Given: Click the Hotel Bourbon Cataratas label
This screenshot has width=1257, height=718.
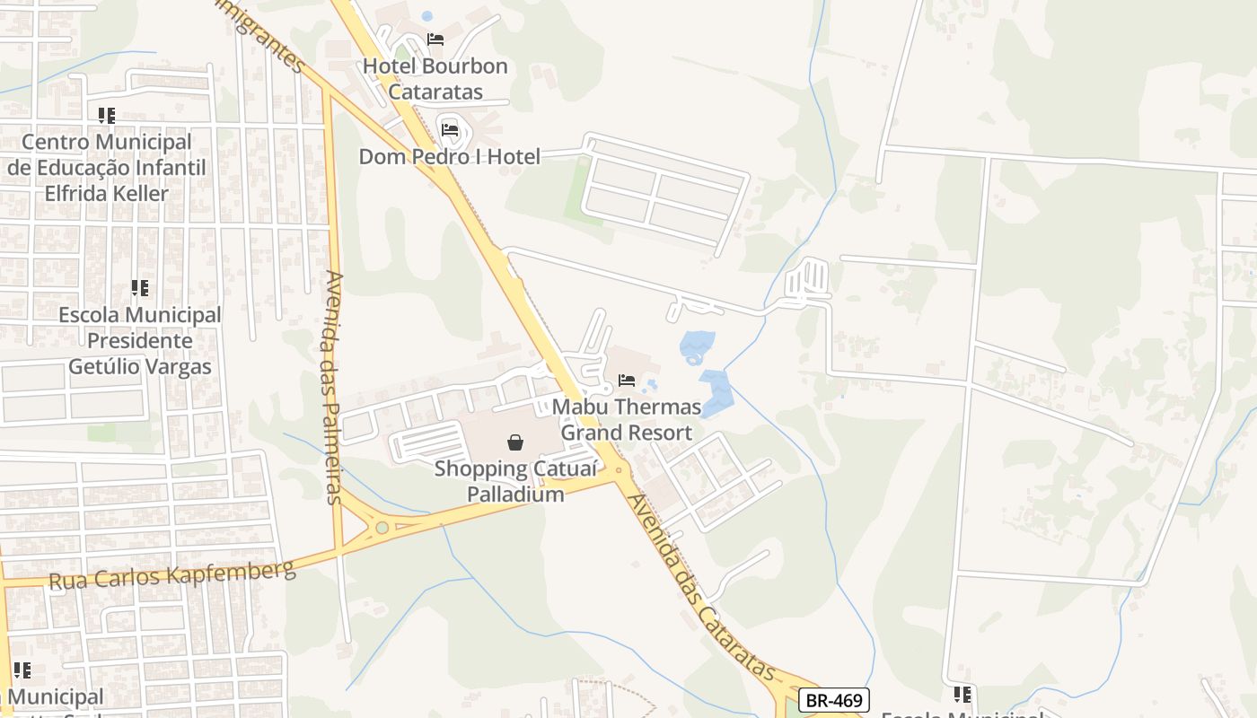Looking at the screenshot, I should point(435,79).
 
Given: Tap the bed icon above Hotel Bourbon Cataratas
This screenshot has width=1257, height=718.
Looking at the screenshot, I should point(435,39).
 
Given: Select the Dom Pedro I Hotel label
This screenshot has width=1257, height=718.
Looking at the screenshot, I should point(450,157).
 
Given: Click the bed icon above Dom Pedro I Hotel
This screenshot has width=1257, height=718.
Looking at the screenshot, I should point(450,130).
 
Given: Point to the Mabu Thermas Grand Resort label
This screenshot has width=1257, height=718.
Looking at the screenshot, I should point(627,420).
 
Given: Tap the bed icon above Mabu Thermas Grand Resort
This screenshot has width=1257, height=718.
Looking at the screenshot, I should point(627,381).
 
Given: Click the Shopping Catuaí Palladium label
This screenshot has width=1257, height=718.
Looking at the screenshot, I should point(499,481).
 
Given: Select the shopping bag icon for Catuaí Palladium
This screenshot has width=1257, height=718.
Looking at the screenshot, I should point(515,442).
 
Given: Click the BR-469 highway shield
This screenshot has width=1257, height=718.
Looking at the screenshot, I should point(833,701).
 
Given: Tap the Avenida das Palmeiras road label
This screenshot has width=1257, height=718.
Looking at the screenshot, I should point(335,388).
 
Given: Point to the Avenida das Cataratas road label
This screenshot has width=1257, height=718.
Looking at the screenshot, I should point(700,588).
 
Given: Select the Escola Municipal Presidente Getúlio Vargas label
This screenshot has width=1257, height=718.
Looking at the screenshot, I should point(140,341).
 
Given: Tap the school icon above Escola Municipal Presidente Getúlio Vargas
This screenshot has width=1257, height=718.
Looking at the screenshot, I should point(139,288).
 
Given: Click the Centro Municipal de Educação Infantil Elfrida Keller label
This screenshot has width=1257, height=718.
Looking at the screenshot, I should point(107,168).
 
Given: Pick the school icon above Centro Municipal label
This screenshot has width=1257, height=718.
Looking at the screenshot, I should point(107,116).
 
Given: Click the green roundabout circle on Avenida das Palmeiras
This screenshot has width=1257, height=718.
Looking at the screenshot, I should point(382,528).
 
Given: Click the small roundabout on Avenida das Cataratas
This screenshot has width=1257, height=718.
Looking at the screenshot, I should point(619,470).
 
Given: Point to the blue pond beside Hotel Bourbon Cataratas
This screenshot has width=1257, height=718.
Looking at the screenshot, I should point(426,16).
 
